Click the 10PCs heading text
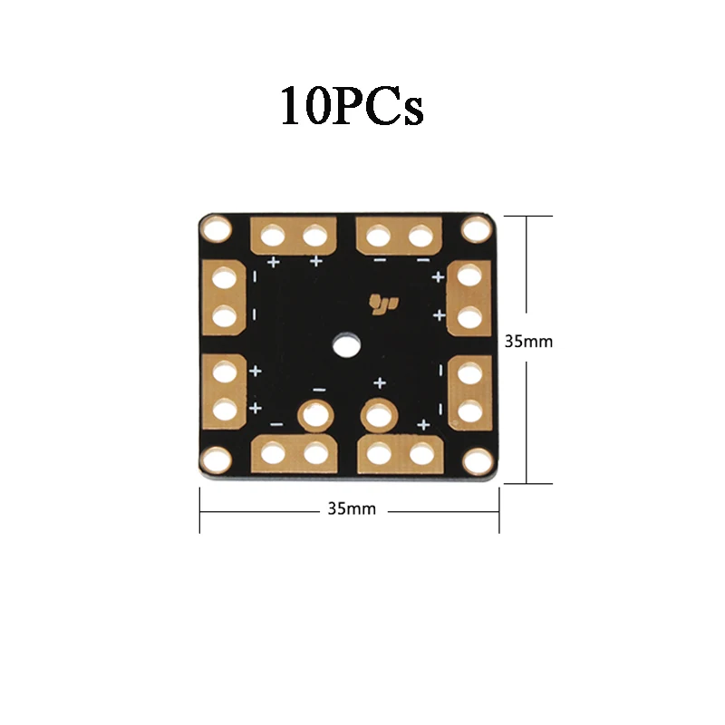(x=352, y=106)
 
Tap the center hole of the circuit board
(x=345, y=343)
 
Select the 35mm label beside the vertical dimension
(x=528, y=343)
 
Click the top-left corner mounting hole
(x=217, y=229)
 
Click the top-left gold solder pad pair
(x=294, y=237)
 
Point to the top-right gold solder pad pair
(x=399, y=237)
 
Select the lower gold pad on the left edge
(x=225, y=390)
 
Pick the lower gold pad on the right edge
(x=469, y=390)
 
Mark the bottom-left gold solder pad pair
(x=294, y=451)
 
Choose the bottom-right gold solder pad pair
(x=399, y=451)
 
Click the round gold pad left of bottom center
(x=315, y=416)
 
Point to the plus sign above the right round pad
(x=380, y=383)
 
